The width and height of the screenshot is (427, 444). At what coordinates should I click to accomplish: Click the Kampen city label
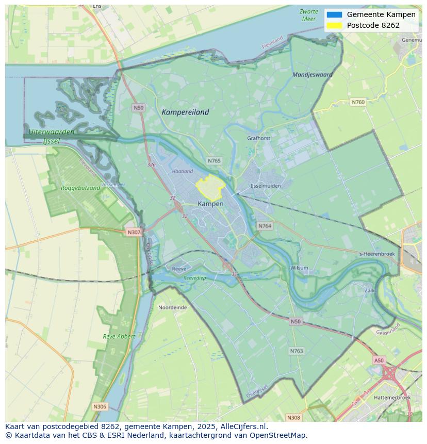click(210, 204)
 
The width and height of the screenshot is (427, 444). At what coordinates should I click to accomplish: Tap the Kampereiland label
click(185, 112)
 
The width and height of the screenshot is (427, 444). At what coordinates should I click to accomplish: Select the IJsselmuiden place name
click(265, 186)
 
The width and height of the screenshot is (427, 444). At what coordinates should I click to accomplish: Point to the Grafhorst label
click(258, 138)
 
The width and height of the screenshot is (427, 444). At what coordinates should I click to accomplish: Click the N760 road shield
click(358, 102)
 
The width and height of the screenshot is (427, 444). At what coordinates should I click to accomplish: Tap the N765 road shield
click(214, 161)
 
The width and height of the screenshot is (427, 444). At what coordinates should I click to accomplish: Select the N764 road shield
click(265, 226)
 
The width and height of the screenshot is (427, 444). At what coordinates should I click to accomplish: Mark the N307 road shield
click(134, 232)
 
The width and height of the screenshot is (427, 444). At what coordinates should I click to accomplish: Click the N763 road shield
click(296, 351)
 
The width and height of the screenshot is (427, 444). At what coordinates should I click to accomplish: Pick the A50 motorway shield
click(379, 360)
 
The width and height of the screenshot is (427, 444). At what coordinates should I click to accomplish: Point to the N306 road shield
click(100, 406)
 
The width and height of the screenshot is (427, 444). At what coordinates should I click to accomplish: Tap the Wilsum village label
click(299, 268)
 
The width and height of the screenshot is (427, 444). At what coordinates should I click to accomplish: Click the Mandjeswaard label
click(313, 74)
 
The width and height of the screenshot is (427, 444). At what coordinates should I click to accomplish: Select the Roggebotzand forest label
click(80, 188)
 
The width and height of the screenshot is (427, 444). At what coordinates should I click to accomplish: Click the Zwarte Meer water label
click(308, 15)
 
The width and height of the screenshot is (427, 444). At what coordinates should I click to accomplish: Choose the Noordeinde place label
click(172, 307)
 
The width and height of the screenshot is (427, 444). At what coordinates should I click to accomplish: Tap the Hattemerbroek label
click(392, 398)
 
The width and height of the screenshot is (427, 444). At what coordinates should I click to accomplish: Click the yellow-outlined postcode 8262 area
click(209, 188)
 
